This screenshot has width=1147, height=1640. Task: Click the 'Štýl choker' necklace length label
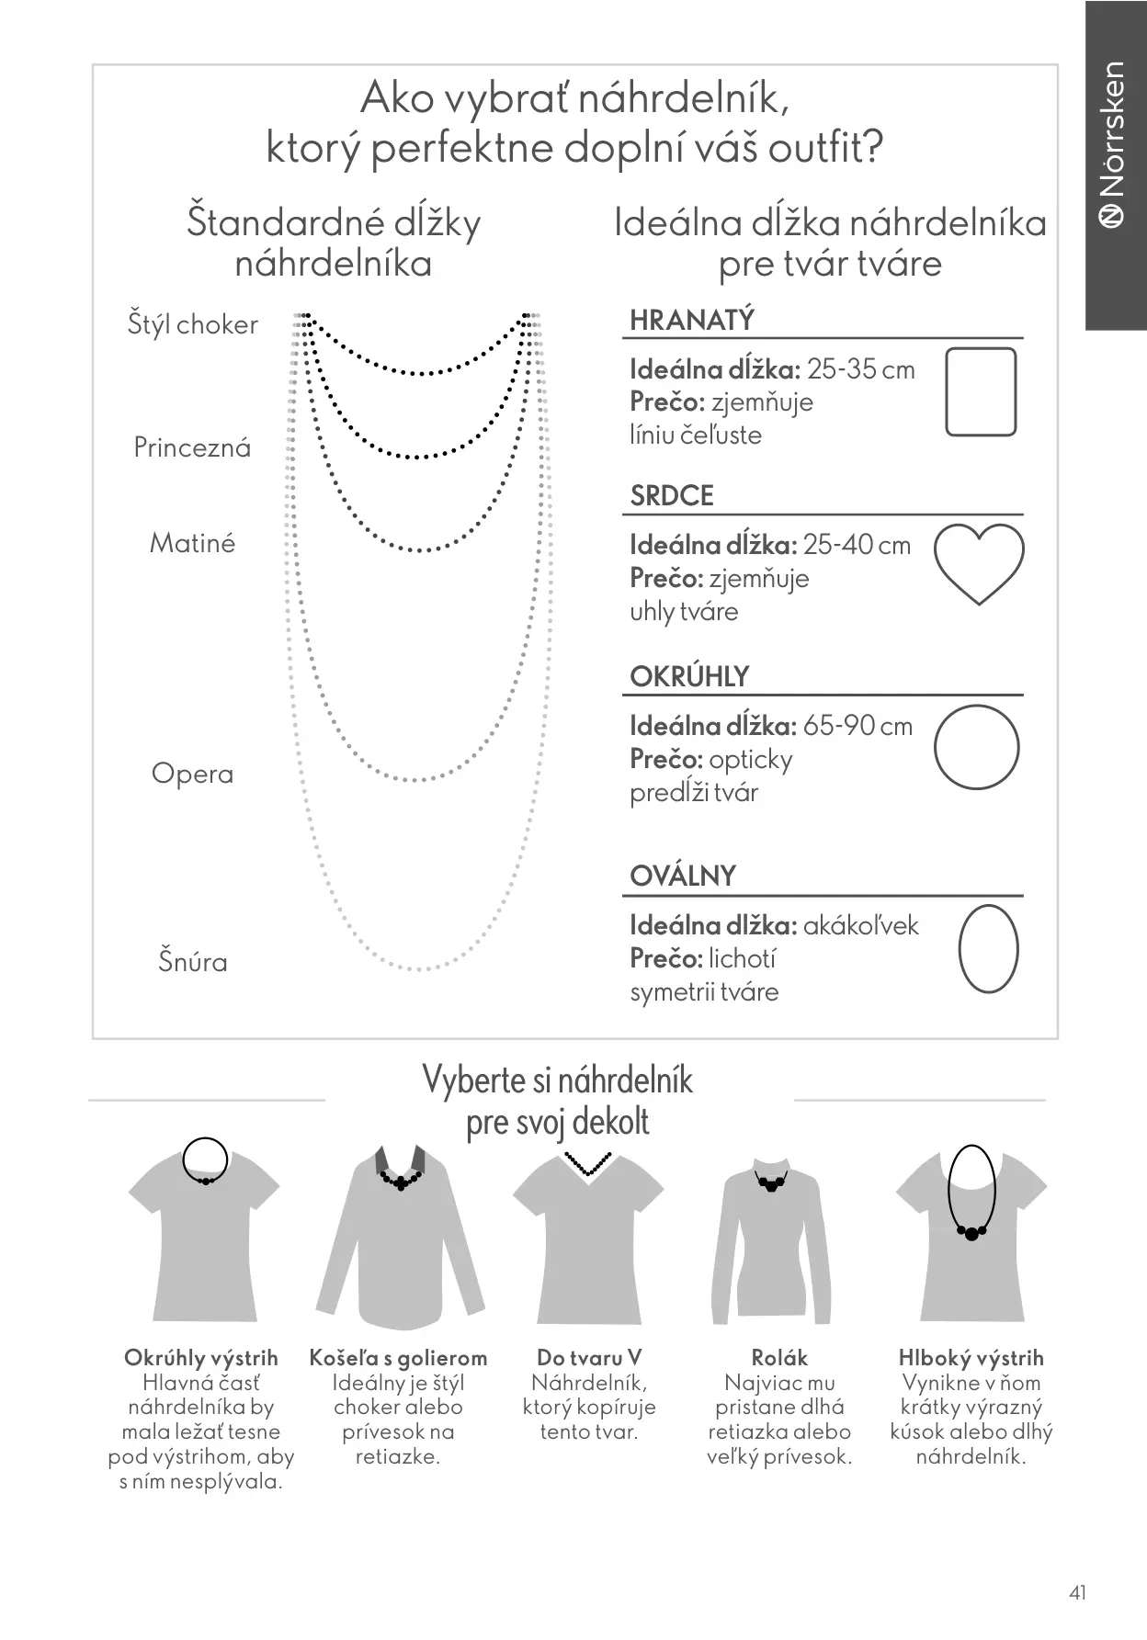point(192,325)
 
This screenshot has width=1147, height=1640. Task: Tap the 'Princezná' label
point(192,447)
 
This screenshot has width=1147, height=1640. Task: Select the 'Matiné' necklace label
point(192,543)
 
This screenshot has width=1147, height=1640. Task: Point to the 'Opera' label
point(192,774)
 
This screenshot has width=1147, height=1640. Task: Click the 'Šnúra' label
point(192,962)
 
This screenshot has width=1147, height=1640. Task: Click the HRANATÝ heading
point(691,321)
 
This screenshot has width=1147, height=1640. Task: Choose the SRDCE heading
point(671,496)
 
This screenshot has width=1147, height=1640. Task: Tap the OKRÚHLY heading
point(688,677)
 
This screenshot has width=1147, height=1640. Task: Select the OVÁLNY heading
point(682,877)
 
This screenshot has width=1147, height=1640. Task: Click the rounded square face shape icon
point(981,391)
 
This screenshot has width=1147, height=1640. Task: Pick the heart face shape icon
point(979,563)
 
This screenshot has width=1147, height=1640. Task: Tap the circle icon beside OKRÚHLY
point(977,747)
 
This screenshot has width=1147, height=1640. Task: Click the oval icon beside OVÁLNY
point(988,948)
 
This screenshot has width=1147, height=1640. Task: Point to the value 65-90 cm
point(857,726)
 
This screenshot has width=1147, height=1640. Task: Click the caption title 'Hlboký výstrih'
point(971,1358)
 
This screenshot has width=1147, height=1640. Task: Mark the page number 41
point(1078,1592)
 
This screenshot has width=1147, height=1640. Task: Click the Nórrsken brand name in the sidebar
point(1114,129)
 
